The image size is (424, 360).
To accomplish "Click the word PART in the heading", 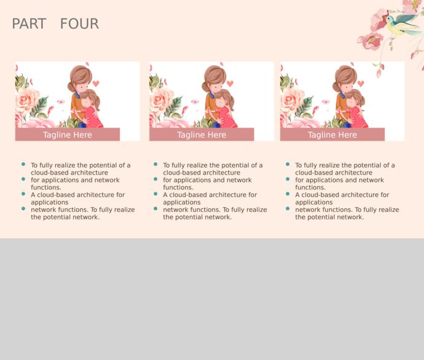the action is coord(29,23).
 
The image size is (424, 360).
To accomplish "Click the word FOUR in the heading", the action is coord(79,23).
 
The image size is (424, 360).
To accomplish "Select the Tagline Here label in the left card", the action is coord(68,135).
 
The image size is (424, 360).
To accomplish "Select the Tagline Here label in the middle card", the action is coord(202,135).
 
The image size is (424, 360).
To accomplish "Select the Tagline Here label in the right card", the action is coord(332,135).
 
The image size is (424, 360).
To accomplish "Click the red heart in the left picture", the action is coord(96,84).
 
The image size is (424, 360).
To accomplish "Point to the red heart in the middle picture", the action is coord(230,84).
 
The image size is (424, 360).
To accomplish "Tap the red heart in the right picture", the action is coord(361,84).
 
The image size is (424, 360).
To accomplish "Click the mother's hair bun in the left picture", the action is coord(71,87).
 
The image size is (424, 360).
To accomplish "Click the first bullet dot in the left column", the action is coord(23,164).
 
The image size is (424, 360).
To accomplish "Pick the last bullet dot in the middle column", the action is coord(155,209).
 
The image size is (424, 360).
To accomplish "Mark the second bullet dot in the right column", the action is coord(288,179).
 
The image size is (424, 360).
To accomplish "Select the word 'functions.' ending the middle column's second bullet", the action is coord(178,187).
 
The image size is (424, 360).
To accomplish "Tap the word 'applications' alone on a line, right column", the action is coord(314,203).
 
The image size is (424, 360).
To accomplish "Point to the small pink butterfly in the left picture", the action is coord(61,101).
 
